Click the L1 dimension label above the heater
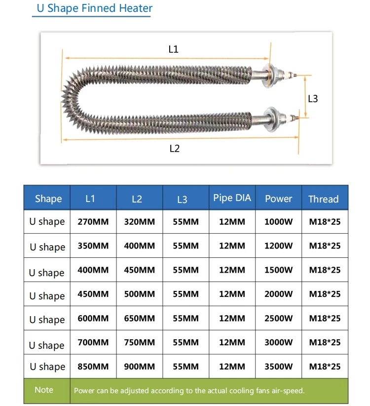pyautogui.click(x=173, y=49)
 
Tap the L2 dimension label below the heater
pyautogui.click(x=174, y=148)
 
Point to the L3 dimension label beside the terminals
pyautogui.click(x=313, y=98)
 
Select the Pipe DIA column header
pyautogui.click(x=232, y=198)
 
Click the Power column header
pyautogui.click(x=278, y=199)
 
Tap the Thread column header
pyautogui.click(x=323, y=199)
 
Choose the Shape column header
pyautogui.click(x=48, y=199)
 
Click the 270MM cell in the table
pyautogui.click(x=93, y=222)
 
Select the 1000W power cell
pyautogui.click(x=278, y=222)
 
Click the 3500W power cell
pyautogui.click(x=278, y=366)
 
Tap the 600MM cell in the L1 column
pyautogui.click(x=93, y=319)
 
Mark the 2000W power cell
pyautogui.click(x=278, y=294)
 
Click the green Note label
pyautogui.click(x=44, y=390)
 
